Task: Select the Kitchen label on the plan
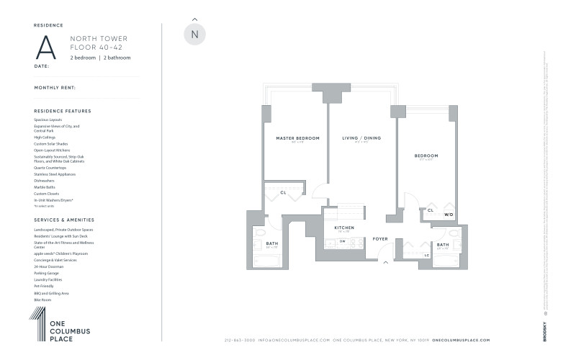342,228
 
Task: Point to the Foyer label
379,238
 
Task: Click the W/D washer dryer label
448,215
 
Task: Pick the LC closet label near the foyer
427,256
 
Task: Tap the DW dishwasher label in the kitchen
343,241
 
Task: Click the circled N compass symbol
195,34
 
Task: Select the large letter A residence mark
46,47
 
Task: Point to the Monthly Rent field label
55,88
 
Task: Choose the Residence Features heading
63,111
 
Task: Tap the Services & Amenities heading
64,220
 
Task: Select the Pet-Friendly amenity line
44,287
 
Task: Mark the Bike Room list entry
42,300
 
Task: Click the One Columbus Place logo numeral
37,323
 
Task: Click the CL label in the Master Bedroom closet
284,192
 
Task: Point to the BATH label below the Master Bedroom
272,243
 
